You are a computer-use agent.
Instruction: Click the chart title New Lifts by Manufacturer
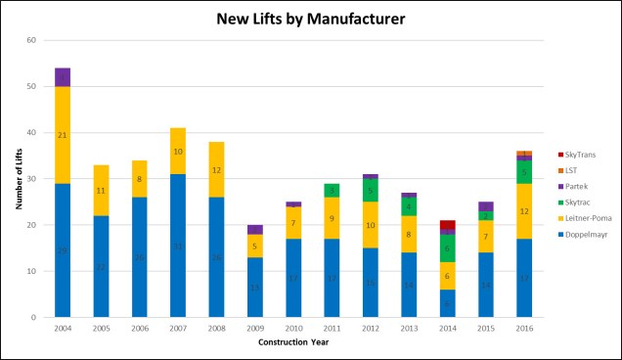[x=310, y=18]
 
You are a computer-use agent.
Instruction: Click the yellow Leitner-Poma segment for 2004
[x=63, y=135]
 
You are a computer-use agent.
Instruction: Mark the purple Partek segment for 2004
[x=63, y=77]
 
